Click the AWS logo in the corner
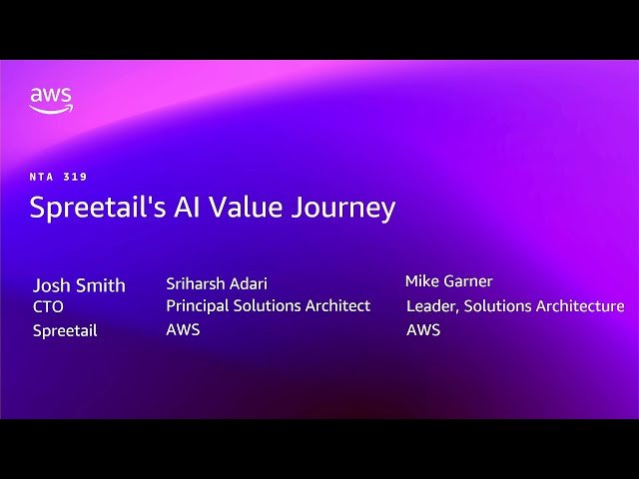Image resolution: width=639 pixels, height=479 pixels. [50, 100]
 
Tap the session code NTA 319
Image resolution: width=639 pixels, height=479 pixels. [59, 177]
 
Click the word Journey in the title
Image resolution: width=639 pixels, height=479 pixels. [344, 209]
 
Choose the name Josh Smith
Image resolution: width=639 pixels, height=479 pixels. [79, 285]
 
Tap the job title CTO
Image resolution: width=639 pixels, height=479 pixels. [48, 307]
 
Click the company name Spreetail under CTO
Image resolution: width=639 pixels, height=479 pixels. [65, 330]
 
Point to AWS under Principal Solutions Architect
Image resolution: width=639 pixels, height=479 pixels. [183, 329]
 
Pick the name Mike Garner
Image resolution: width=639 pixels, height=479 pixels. [449, 281]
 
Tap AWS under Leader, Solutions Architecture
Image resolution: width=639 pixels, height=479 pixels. [423, 329]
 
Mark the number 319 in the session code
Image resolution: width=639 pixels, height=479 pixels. [75, 177]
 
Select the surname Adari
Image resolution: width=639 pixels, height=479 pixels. [246, 283]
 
